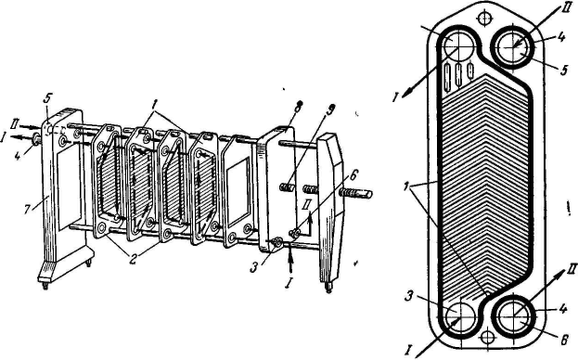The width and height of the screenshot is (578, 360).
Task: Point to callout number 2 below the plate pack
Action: [x=133, y=257]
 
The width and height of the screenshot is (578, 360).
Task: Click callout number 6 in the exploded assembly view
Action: [x=353, y=175]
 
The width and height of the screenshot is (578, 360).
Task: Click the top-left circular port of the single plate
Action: [x=457, y=45]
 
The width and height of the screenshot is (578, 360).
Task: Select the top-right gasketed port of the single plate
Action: [x=513, y=46]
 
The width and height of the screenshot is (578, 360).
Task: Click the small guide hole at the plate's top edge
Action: [x=483, y=18]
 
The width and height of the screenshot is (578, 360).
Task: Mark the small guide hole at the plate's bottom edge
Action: [x=488, y=336]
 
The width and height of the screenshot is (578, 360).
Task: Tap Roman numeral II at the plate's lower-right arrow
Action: [x=571, y=273]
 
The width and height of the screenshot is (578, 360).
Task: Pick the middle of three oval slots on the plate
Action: [x=459, y=75]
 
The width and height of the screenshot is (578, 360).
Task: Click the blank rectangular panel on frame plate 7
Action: [x=70, y=185]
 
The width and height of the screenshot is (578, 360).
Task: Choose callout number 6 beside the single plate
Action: [x=564, y=340]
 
